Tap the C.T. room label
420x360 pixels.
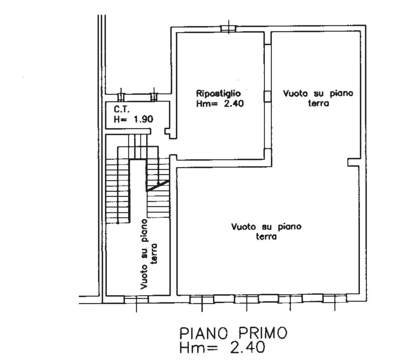pos(122,109)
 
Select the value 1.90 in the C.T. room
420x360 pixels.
pos(143,119)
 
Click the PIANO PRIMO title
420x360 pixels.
pos(233,333)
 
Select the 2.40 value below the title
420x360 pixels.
pos(247,347)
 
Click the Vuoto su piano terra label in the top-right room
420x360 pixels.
pos(318,98)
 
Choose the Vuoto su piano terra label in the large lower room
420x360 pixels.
pos(266,231)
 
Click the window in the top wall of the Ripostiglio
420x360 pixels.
pos(228,28)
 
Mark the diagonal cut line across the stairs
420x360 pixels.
pos(158,185)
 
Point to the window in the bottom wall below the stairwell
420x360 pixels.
pos(136,300)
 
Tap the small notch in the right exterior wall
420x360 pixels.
pos(353,162)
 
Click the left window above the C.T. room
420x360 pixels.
pos(121,97)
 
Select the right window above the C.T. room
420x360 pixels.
pos(154,97)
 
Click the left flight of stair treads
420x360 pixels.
pos(118,191)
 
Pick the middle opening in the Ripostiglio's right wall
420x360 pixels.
pos(268,96)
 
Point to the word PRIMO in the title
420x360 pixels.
pos(263,333)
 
